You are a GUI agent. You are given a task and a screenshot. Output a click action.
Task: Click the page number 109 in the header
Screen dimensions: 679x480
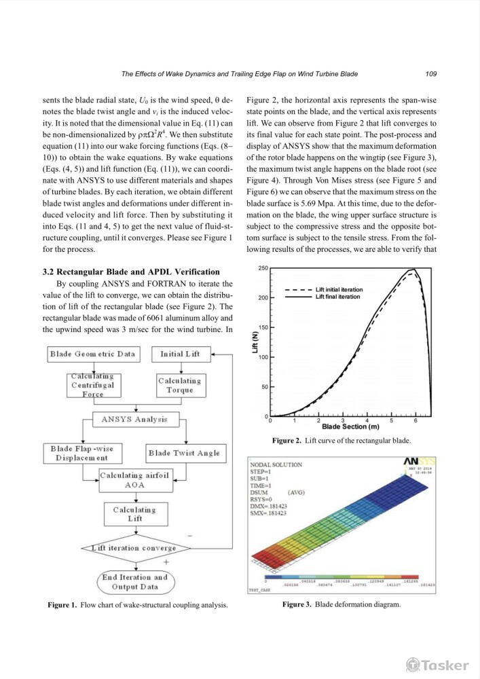[430, 73]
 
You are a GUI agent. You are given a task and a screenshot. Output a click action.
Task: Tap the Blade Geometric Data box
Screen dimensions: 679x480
[92, 354]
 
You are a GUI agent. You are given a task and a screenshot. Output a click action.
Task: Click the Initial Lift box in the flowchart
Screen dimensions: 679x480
[180, 354]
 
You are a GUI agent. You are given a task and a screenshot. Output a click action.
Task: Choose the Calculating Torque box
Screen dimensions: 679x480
[180, 385]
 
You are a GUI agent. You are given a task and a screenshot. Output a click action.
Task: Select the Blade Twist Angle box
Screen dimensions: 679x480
[184, 453]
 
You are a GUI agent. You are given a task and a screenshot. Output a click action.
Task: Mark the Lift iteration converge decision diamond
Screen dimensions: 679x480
[134, 548]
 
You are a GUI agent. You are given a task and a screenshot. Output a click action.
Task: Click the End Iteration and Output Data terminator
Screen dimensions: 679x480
[134, 582]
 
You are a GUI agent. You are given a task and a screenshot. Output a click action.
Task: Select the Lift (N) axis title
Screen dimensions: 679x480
[255, 342]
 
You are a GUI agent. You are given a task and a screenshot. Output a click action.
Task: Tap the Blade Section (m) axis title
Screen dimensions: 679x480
[350, 427]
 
